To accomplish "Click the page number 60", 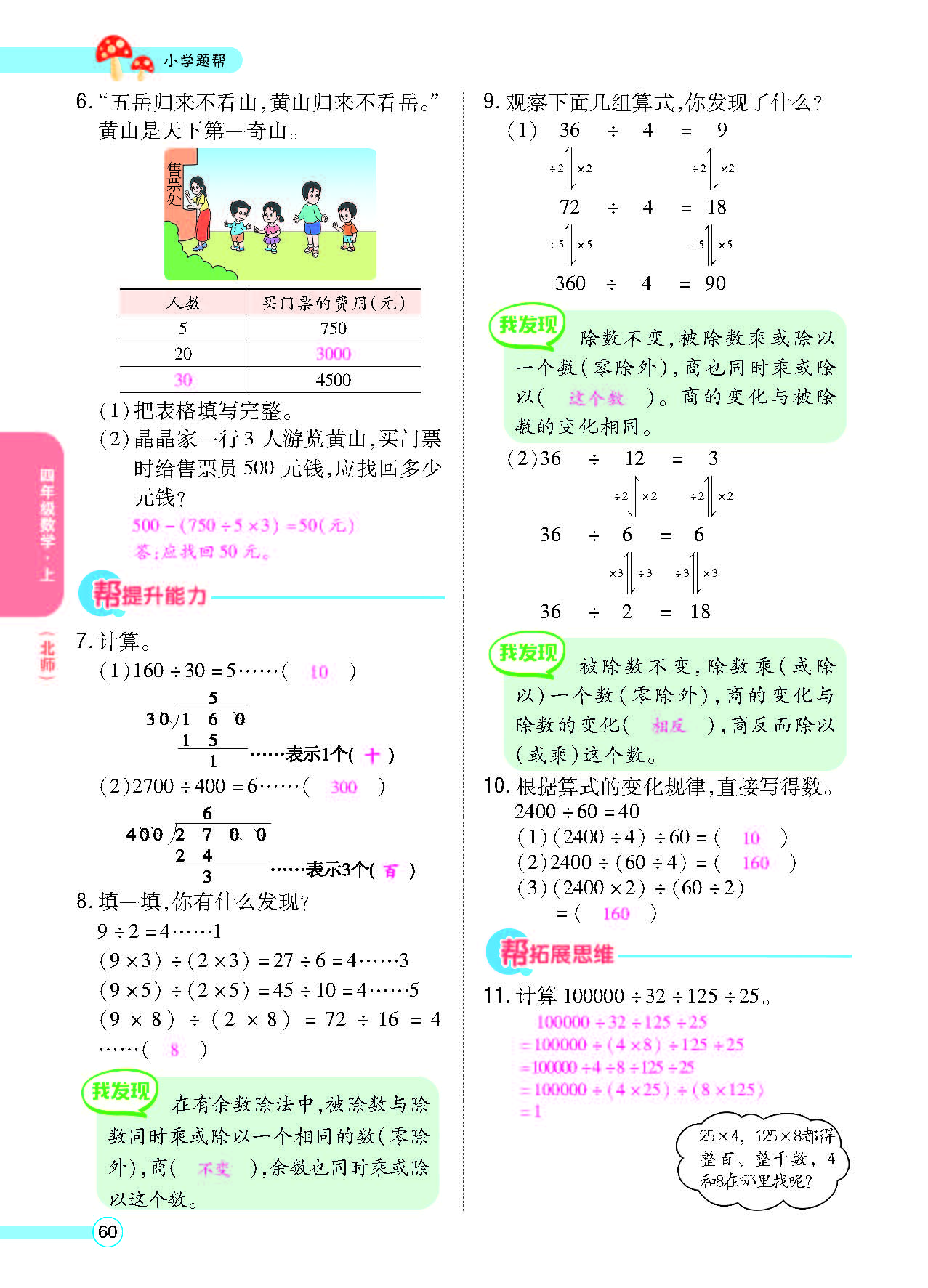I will (108, 1232).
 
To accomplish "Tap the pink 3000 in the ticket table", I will (334, 354).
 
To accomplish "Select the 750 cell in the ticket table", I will (334, 328).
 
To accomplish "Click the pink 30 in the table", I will (183, 380).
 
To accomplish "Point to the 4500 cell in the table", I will (334, 380).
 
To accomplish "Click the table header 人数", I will (184, 303).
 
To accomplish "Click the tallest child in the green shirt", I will (311, 217).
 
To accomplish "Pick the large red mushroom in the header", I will (115, 54).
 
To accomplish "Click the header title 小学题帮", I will (194, 61).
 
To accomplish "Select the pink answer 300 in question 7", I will (344, 787).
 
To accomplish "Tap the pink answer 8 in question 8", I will (174, 1050).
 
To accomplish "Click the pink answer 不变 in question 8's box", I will (214, 1169).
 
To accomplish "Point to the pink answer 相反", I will (669, 726).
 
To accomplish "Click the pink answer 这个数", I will (596, 398).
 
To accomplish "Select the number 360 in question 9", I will (570, 283).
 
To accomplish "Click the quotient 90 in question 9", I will (715, 283).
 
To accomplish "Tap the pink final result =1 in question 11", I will (531, 1111).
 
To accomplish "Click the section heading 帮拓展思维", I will (558, 953).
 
